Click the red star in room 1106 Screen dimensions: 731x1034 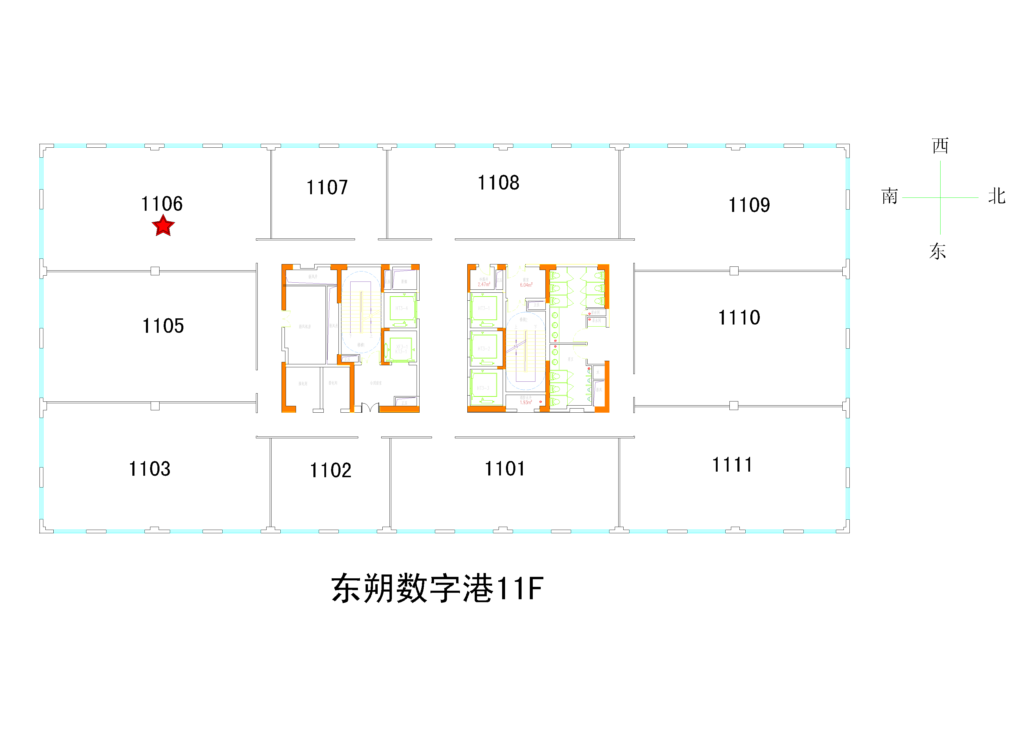(x=163, y=225)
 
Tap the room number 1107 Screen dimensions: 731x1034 (x=327, y=187)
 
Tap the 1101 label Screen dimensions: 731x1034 (x=504, y=469)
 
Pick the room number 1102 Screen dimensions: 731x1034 (x=330, y=470)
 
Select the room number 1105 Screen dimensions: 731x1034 (x=163, y=326)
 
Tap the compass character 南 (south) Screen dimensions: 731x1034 (x=890, y=197)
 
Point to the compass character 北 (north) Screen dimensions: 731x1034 (x=997, y=197)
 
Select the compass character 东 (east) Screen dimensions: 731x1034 (x=938, y=251)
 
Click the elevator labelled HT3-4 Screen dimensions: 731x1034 (x=402, y=308)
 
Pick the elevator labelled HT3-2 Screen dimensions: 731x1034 (x=484, y=349)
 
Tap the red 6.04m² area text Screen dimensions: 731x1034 (x=526, y=285)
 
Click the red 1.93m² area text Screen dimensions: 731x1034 (x=526, y=402)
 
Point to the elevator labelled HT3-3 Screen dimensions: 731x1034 (x=483, y=388)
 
